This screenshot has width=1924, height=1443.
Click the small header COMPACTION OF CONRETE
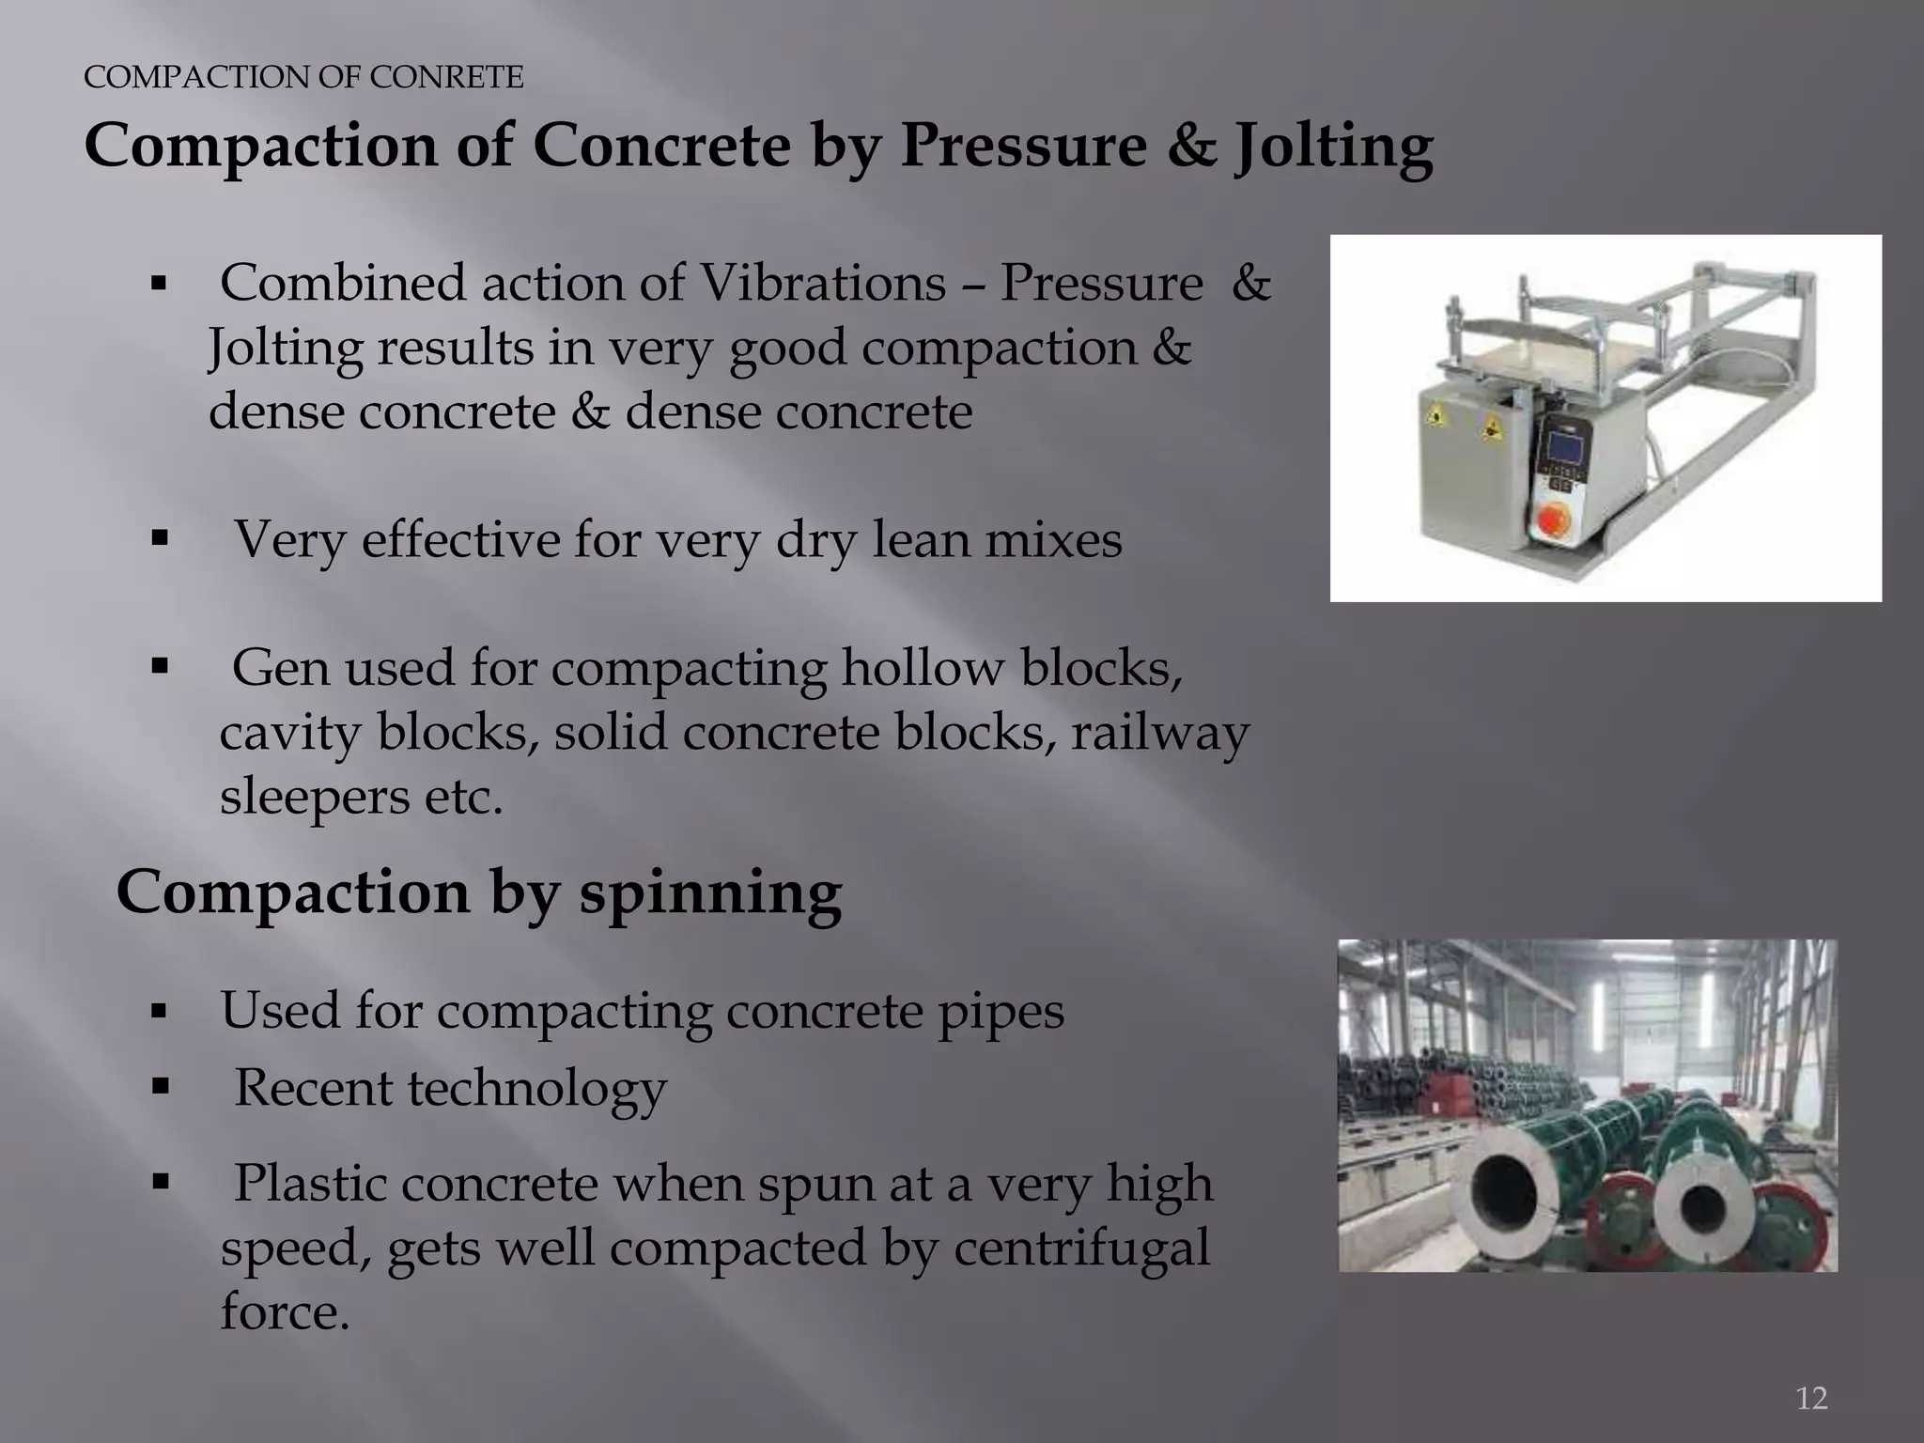[x=303, y=77]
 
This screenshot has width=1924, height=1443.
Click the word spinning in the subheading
[x=710, y=892]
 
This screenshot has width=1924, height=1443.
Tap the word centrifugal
[x=1081, y=1248]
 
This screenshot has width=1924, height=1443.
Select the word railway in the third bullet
[x=1160, y=733]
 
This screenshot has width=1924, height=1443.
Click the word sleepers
[x=314, y=797]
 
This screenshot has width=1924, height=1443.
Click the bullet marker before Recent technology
[x=158, y=1088]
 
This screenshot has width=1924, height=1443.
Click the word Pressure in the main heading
[x=1023, y=147]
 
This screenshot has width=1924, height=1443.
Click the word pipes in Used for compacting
[x=1003, y=1011]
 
